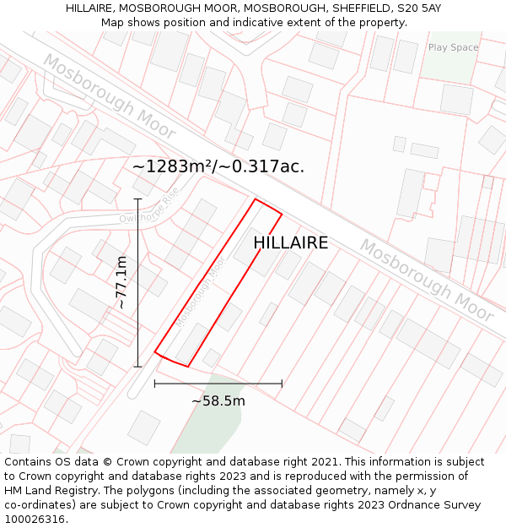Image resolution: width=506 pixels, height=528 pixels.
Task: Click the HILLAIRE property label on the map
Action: coord(290,243)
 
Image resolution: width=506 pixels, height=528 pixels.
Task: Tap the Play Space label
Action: coord(453,47)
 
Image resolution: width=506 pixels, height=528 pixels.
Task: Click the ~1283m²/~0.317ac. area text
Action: coord(218,166)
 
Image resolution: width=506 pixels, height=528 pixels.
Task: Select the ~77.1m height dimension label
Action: coord(121,282)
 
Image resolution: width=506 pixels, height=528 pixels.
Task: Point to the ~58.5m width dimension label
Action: coord(218,400)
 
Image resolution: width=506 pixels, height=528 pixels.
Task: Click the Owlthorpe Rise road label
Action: coord(149,207)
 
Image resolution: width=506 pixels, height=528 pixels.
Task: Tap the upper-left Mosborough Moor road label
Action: coord(109,96)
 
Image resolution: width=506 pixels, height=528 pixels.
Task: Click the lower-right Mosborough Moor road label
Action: coord(426,280)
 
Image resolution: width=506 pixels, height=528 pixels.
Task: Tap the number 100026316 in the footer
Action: coord(35,519)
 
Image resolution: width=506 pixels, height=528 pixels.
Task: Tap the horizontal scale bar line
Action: coord(218,384)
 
